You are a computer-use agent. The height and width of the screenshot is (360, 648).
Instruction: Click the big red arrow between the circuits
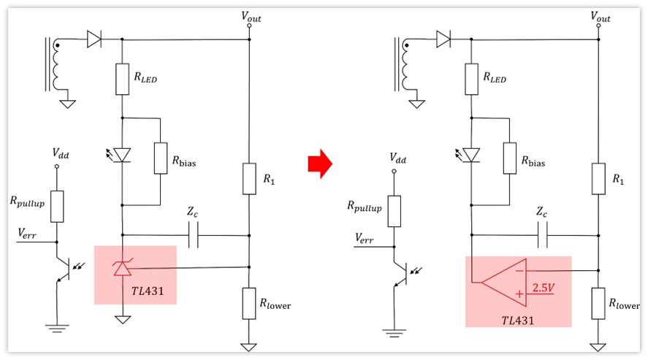click(320, 164)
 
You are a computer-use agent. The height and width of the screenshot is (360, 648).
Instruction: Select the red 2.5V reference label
click(543, 287)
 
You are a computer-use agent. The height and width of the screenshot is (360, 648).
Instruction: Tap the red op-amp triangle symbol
click(504, 283)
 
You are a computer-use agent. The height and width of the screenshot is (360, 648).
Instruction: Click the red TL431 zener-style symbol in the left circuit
click(122, 267)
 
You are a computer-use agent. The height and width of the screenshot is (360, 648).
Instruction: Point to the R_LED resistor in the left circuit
click(122, 80)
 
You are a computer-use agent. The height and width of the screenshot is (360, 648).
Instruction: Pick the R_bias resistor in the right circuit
click(509, 158)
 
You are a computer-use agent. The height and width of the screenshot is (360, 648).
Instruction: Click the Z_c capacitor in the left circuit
click(193, 235)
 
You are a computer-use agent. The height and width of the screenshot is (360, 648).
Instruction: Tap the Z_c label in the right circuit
click(541, 212)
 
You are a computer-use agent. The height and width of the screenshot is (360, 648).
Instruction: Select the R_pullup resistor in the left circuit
click(57, 207)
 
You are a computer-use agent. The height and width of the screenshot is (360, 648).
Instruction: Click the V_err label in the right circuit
click(364, 238)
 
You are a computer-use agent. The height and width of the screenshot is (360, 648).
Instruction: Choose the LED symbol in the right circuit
click(469, 155)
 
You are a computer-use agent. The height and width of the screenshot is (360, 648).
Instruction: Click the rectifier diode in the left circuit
click(94, 39)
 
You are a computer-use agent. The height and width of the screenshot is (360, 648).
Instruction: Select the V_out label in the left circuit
click(251, 17)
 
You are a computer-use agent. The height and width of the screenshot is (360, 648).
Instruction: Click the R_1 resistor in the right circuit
click(598, 179)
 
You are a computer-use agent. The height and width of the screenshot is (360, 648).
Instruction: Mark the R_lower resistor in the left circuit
click(249, 304)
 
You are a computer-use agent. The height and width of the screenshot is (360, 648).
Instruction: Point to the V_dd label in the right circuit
click(397, 158)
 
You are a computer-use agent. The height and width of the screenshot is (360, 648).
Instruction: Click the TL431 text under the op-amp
click(517, 321)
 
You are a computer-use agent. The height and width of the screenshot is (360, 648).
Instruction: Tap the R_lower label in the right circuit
click(624, 304)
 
